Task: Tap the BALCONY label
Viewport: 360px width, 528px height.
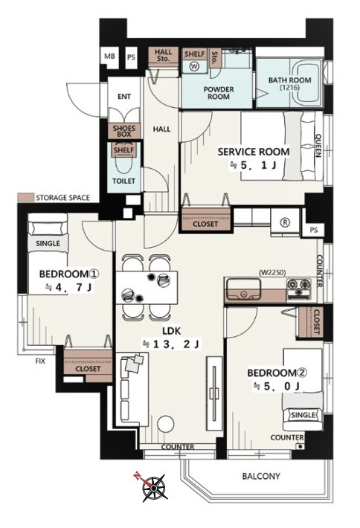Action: point(261,476)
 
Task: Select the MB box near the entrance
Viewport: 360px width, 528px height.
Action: point(109,57)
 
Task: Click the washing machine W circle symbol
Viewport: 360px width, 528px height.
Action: point(194,66)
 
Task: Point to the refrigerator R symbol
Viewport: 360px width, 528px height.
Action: point(285,222)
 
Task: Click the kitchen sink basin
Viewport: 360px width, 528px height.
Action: point(243,289)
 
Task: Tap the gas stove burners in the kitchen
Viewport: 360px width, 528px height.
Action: point(299,289)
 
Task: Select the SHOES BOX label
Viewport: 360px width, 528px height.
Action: point(124,131)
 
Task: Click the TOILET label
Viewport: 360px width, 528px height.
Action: point(123,181)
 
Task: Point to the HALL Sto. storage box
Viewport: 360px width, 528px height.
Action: point(163,55)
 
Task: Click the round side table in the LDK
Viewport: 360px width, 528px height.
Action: point(166,424)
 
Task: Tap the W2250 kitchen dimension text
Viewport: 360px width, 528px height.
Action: point(271,272)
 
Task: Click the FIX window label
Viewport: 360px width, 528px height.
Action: point(40,361)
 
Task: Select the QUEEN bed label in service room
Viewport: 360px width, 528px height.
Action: point(318,146)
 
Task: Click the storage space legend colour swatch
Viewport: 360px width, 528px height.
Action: point(25,197)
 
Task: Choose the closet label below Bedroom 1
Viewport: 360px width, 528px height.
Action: point(88,369)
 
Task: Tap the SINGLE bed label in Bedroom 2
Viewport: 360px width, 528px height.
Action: point(303,415)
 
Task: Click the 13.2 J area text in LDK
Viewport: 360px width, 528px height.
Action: point(171,344)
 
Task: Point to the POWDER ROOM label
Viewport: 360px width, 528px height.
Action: point(219,93)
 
